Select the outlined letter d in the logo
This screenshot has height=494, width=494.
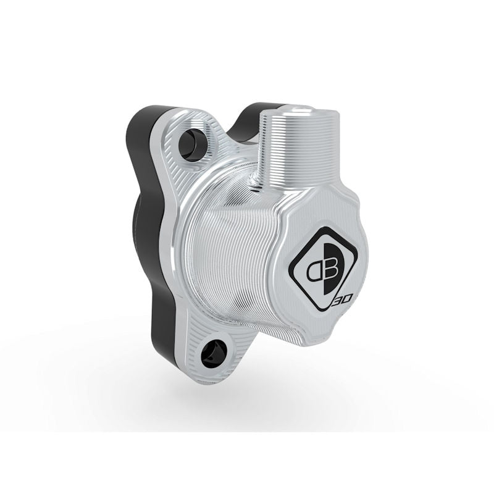pyautogui.click(x=309, y=269)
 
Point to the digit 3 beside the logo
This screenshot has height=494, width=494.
pyautogui.click(x=338, y=301)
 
